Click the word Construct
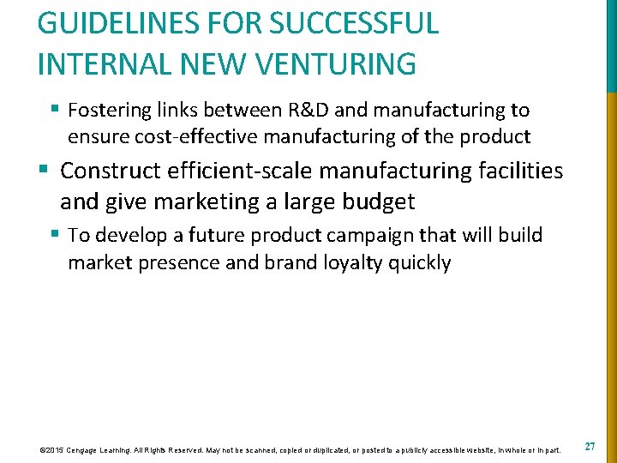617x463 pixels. click(x=113, y=171)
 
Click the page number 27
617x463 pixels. click(x=590, y=447)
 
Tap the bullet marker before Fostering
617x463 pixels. click(x=54, y=111)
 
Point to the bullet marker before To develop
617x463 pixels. click(x=54, y=235)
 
